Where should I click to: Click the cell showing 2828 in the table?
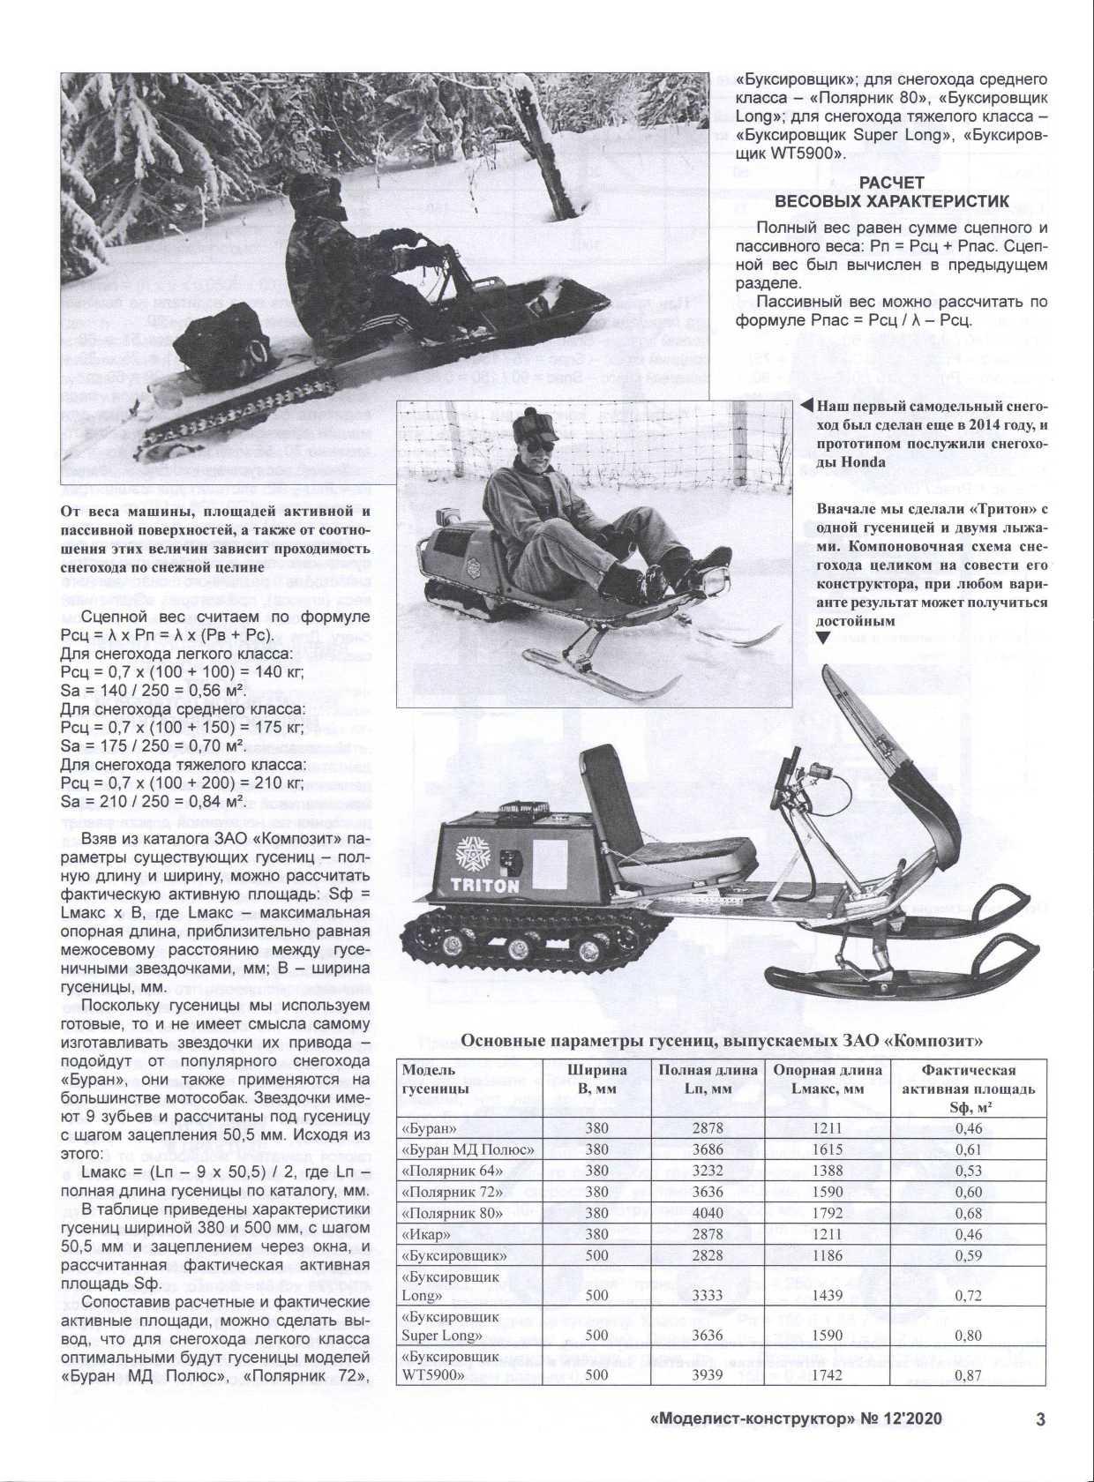pos(708,1255)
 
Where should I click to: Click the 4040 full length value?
pos(708,1213)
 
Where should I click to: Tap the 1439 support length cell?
pos(828,1295)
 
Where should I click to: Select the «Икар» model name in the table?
pos(426,1234)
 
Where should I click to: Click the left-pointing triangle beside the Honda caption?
pos(806,407)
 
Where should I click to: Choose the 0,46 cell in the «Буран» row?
pos(968,1128)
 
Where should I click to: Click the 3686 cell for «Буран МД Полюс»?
pos(708,1149)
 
